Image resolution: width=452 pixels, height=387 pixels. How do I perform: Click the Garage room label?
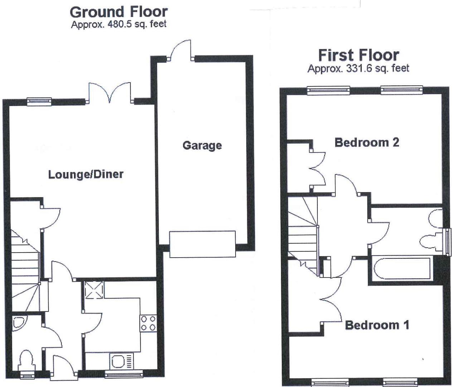pos(202,145)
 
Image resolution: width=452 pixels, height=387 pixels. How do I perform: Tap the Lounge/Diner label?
pos(86,175)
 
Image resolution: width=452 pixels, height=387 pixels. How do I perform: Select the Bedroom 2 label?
pos(366,142)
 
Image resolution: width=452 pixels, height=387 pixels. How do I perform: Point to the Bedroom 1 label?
pos(377,325)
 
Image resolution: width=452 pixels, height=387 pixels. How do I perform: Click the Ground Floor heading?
pos(118,12)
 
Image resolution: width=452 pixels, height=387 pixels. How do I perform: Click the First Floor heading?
pos(358,55)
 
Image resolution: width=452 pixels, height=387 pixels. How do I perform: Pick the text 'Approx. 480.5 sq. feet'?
pos(118,24)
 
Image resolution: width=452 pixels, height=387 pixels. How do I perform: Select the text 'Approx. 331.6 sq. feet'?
pos(358,68)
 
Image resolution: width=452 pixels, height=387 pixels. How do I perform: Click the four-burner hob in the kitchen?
pos(148,323)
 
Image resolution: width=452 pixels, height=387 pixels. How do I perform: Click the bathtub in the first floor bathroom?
pos(401,268)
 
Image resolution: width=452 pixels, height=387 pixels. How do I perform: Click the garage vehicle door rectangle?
pos(203,244)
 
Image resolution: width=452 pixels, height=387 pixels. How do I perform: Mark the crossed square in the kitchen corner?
pos(94,290)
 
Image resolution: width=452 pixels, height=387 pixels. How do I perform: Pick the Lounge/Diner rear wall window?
pos(39,102)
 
